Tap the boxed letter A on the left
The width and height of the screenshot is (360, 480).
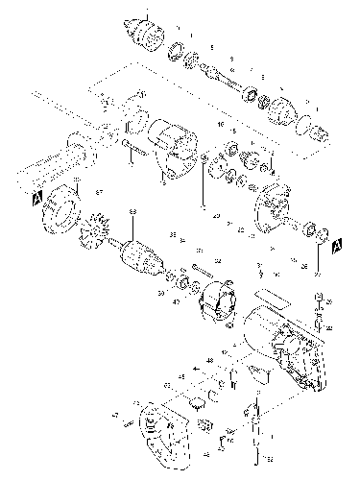coord(36,197)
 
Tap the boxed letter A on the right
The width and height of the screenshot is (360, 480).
coord(336,247)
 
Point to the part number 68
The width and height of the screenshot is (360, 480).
coord(133,211)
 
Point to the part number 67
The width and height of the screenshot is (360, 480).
coord(98,193)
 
